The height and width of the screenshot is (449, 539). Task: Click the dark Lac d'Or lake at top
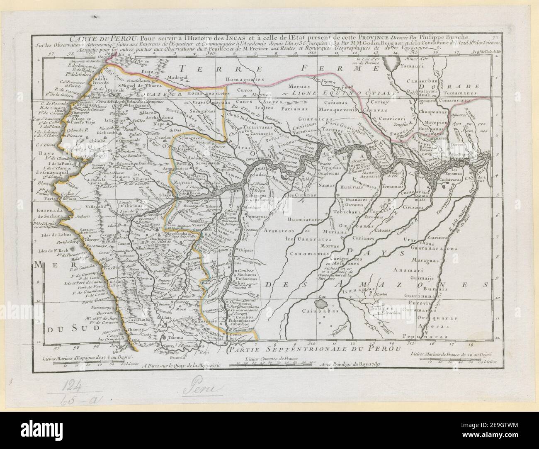pyautogui.click(x=389, y=64)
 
